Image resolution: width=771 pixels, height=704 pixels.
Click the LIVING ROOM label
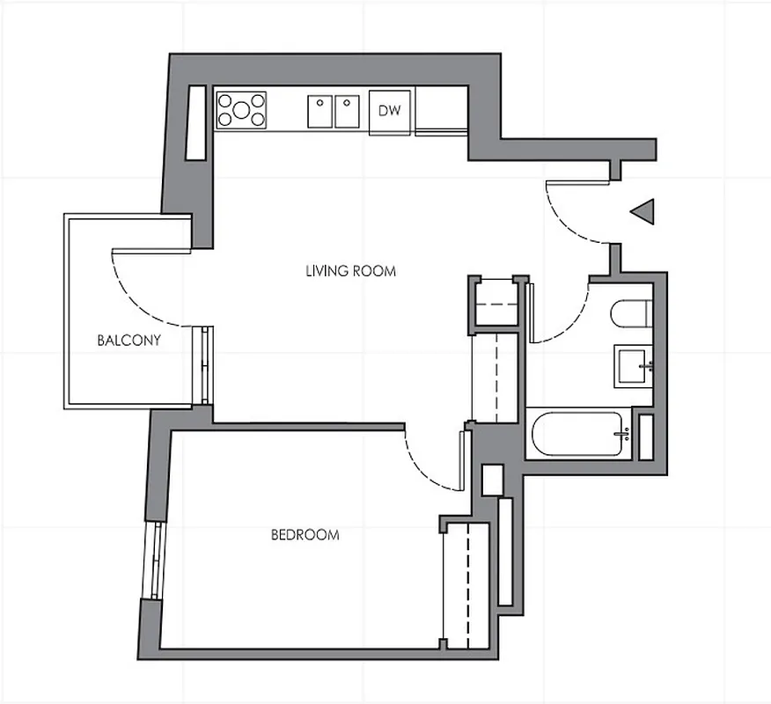[350, 271]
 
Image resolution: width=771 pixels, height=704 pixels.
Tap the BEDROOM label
[305, 534]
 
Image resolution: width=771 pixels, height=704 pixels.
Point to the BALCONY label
[128, 341]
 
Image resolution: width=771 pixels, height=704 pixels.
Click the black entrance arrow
[644, 211]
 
